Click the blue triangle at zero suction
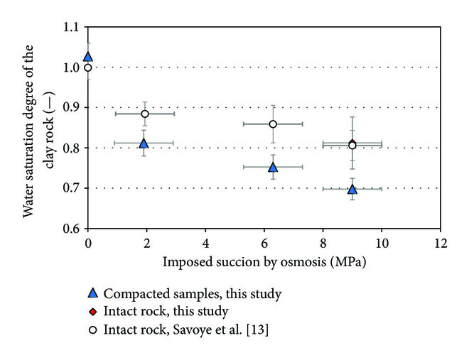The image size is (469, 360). [87, 57]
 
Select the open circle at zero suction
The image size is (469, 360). [87, 67]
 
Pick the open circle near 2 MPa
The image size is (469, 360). [144, 114]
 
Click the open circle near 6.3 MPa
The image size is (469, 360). [273, 124]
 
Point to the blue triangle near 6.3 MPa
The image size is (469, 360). [273, 168]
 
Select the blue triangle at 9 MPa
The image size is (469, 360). [352, 190]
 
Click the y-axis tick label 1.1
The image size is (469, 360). [69, 27]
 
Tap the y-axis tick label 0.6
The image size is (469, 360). [69, 229]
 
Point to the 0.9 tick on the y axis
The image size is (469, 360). [69, 108]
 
